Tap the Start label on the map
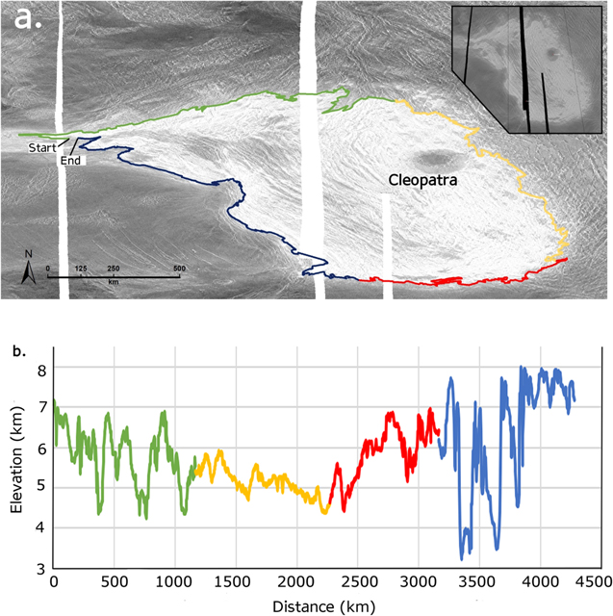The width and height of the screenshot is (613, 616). [41, 147]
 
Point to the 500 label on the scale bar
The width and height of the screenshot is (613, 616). [178, 268]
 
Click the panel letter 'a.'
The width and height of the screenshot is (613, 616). [27, 19]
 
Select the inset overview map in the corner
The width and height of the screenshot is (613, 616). [527, 67]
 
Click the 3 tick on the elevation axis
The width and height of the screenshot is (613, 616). [41, 569]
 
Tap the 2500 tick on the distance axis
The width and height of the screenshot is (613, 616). [358, 583]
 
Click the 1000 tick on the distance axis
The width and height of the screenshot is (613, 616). [174, 583]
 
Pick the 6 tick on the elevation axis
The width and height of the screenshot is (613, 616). [41, 449]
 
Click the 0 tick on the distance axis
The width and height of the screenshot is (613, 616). [53, 583]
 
